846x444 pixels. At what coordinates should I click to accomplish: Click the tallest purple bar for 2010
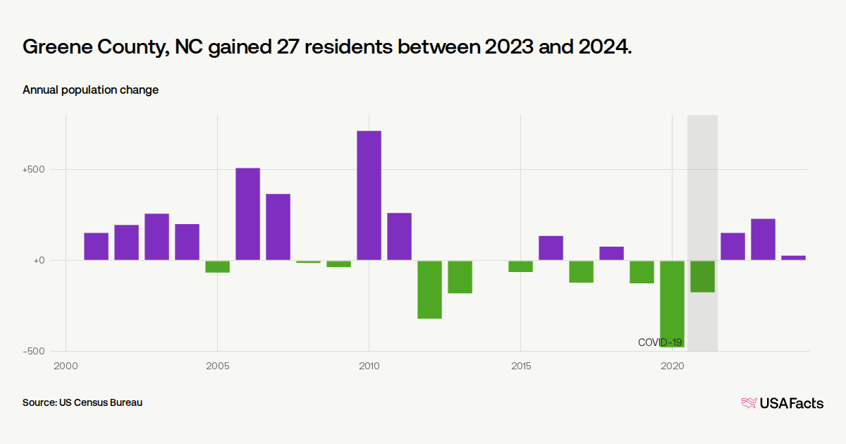(369, 195)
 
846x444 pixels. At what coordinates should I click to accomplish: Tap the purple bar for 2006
(247, 214)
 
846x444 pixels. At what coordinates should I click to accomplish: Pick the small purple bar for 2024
(793, 258)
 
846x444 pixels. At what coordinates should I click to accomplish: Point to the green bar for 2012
(429, 289)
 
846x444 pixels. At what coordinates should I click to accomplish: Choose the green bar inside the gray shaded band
(702, 276)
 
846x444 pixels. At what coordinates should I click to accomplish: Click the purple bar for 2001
(96, 247)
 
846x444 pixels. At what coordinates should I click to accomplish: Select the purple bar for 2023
(763, 240)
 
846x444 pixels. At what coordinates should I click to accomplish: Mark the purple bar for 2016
(551, 248)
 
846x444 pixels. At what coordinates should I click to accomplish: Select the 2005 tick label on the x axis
(217, 366)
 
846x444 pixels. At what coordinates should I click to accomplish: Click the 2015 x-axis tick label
(520, 366)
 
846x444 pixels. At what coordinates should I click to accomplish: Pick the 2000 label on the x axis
(66, 366)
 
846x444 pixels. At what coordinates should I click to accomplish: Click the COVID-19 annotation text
(660, 343)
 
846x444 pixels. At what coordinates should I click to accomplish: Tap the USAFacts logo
(782, 403)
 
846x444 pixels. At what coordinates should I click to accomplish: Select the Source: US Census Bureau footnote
(82, 403)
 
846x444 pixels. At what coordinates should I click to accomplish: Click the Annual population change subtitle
(90, 90)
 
